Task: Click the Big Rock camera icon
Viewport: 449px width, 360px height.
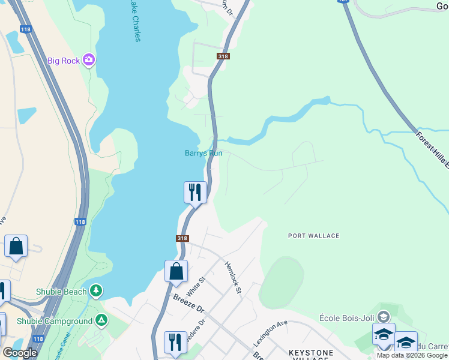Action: coord(89,59)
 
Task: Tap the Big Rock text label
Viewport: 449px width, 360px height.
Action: coord(64,60)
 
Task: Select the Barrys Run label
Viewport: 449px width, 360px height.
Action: coord(203,153)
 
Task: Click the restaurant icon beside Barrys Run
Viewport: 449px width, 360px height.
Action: coord(195,193)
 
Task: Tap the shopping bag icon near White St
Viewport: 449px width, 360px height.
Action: coord(176,271)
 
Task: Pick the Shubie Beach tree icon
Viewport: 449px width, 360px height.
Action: coord(96,292)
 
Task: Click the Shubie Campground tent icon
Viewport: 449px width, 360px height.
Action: coord(101,321)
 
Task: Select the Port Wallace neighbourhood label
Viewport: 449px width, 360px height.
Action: coord(313,236)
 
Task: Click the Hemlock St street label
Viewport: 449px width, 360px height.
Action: coord(232,278)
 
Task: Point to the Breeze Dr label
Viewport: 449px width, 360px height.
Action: coord(188,305)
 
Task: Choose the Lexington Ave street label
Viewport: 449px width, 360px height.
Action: coord(270,334)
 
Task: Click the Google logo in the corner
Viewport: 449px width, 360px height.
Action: coord(20,353)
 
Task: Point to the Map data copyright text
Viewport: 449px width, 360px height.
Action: coord(412,355)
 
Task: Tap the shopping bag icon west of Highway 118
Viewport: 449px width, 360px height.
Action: coord(16,247)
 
